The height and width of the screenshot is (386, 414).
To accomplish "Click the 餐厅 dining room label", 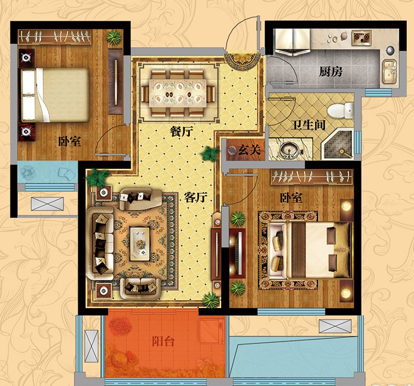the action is [181, 131].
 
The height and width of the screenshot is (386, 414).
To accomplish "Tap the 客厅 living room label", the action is [195, 197].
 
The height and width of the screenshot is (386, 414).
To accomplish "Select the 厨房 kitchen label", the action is [330, 71].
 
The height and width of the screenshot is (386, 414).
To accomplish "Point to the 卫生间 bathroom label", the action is [308, 125].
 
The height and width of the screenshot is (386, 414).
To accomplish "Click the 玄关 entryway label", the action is [250, 150].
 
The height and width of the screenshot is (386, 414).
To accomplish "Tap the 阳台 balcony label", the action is [163, 341].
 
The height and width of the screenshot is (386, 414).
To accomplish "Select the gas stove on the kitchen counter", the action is [361, 37].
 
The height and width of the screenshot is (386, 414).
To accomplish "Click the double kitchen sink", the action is [390, 72].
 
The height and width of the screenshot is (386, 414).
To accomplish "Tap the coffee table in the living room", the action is [140, 244].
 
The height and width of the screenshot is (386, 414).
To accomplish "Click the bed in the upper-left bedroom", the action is [55, 95].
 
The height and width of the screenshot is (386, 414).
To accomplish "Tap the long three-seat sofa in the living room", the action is [100, 243].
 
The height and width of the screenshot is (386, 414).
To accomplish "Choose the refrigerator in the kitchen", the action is [292, 41].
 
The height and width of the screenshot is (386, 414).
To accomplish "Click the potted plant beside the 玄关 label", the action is [210, 154].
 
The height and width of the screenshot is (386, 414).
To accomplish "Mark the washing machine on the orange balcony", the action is [210, 331].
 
